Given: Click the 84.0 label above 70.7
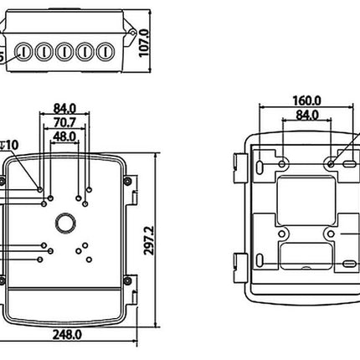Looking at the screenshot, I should (x=65, y=107).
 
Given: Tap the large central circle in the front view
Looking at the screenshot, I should (x=64, y=223).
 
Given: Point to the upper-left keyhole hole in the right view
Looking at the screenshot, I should (x=281, y=160).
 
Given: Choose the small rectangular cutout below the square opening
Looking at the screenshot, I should (x=306, y=255).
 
